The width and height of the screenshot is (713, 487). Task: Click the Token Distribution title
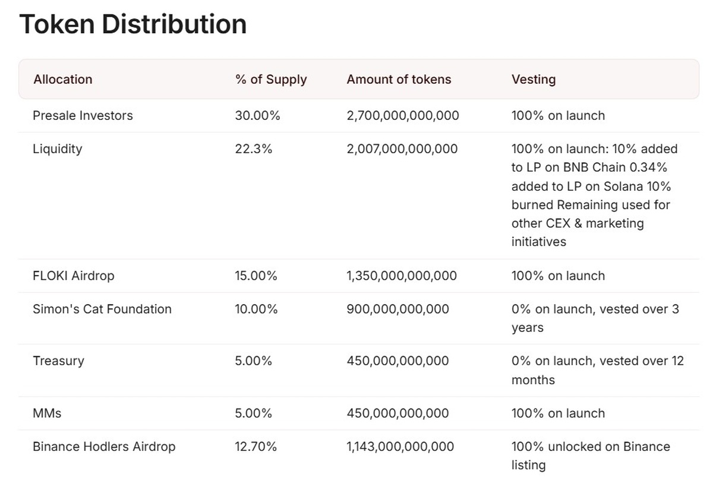(x=132, y=25)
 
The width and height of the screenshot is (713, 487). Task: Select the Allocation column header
(x=63, y=80)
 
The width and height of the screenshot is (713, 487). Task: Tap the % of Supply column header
(x=271, y=80)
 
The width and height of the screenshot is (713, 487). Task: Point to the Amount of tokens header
(x=399, y=80)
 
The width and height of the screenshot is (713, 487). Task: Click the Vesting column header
(x=533, y=80)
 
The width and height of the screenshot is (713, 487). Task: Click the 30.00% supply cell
(x=257, y=116)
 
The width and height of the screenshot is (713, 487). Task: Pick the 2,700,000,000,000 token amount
(x=403, y=116)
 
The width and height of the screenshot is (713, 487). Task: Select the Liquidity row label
(x=57, y=149)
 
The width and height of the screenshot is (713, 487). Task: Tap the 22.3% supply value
(x=254, y=149)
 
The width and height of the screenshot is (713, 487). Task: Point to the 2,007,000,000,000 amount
(x=402, y=149)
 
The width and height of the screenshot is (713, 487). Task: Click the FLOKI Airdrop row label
(x=73, y=276)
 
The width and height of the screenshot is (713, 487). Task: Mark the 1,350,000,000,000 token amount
(x=402, y=276)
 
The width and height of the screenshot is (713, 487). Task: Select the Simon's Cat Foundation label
(x=102, y=309)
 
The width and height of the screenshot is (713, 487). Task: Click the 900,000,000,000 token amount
(x=397, y=309)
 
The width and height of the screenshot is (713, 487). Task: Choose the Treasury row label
(x=58, y=361)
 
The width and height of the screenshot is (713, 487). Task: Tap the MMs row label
(x=47, y=413)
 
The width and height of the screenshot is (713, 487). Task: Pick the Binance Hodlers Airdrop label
(x=104, y=447)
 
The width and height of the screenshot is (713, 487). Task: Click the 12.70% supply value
(x=255, y=447)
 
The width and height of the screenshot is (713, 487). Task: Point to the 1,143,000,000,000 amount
(x=400, y=447)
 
